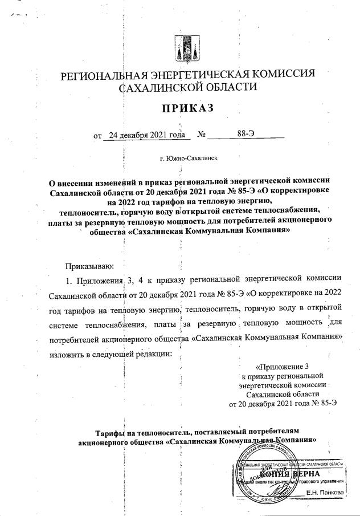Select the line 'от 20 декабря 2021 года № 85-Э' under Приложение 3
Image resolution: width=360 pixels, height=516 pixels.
click(283, 403)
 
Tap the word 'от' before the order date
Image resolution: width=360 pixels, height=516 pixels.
click(97, 136)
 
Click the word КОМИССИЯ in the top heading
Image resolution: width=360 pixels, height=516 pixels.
click(281, 75)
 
